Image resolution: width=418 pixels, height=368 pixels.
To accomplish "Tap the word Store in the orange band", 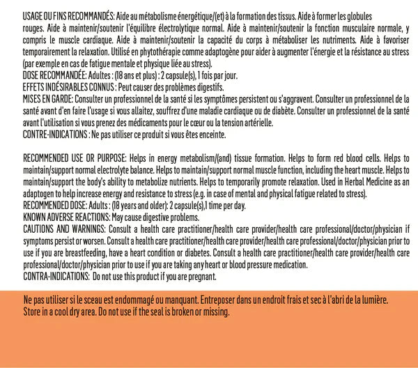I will (x=32, y=311).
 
